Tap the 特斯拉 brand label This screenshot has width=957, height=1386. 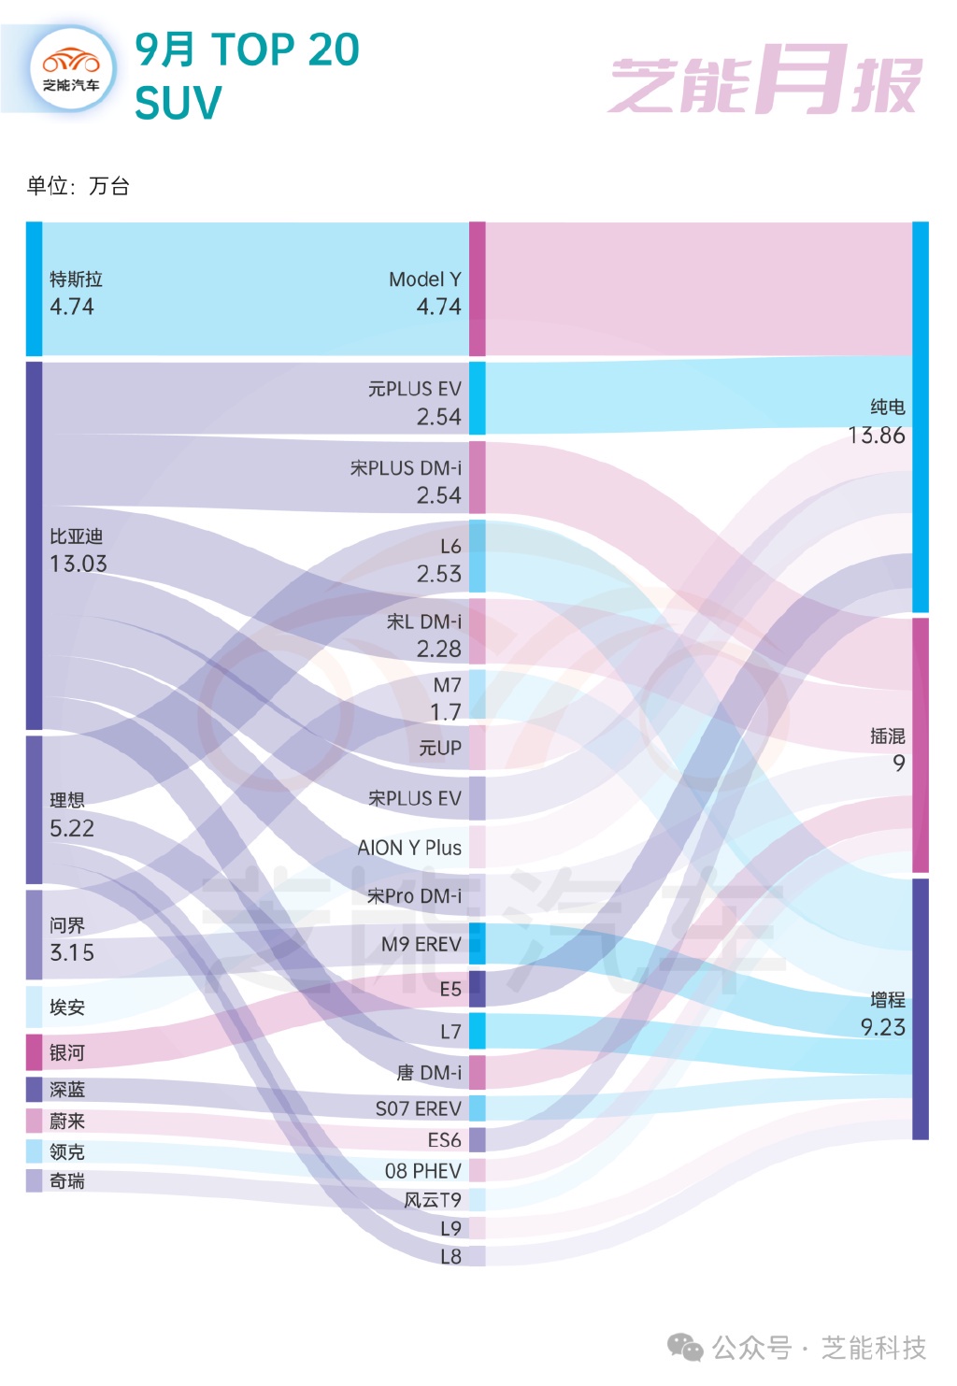pos(76,279)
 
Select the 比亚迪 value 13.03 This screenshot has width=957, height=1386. pos(79,564)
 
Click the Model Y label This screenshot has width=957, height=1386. pos(424,279)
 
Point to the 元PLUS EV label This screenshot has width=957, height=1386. pos(414,389)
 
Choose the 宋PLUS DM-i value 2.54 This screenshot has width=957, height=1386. pos(438,495)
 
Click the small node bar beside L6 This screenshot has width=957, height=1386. pos(477,556)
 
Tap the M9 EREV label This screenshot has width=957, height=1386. pos(421,945)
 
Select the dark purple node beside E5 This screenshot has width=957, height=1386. pos(477,989)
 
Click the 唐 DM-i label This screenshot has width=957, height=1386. pos(429,1073)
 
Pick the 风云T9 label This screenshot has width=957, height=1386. pos(432,1200)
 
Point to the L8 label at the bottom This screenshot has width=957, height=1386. pos(450,1256)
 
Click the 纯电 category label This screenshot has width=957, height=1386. pos(887,407)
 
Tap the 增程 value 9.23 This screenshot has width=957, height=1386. pos(882,1027)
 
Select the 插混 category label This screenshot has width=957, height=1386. pos(887,736)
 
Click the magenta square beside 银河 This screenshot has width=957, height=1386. pos(35,1052)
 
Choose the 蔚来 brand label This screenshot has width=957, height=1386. pos(67,1121)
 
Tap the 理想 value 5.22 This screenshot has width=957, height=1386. pos(72,828)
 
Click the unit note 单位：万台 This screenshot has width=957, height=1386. pos(79,186)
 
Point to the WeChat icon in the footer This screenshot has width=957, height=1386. pos(685,1348)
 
